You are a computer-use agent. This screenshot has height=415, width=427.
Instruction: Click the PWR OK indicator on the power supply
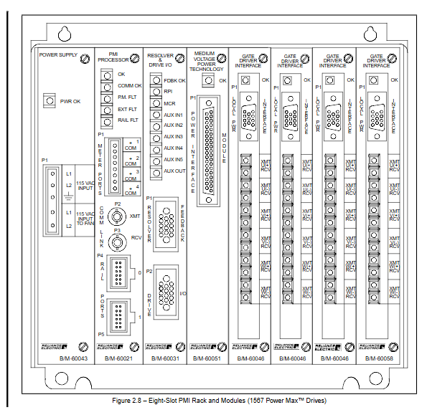point(48,101)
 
